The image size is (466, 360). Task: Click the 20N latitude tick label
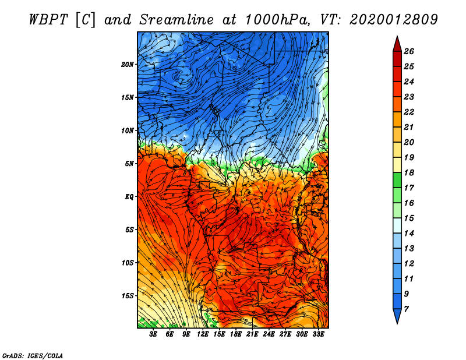tap(128, 64)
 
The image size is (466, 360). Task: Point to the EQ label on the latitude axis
tap(130, 196)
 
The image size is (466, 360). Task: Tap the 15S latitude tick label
tap(128, 295)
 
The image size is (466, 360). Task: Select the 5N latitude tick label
tap(130, 163)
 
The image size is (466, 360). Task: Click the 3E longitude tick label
tap(154, 334)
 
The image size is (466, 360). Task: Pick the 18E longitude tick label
tap(236, 334)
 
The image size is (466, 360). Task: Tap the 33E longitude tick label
tap(318, 334)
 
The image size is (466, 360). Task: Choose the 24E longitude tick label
tap(269, 334)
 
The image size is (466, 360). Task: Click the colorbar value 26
tap(416, 51)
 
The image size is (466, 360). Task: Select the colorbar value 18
tap(416, 173)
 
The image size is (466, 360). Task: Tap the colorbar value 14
tap(416, 234)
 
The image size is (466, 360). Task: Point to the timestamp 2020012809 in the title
tap(394, 20)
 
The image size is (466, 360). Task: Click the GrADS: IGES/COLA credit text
tap(33, 355)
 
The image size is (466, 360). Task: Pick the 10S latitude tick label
tap(128, 262)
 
